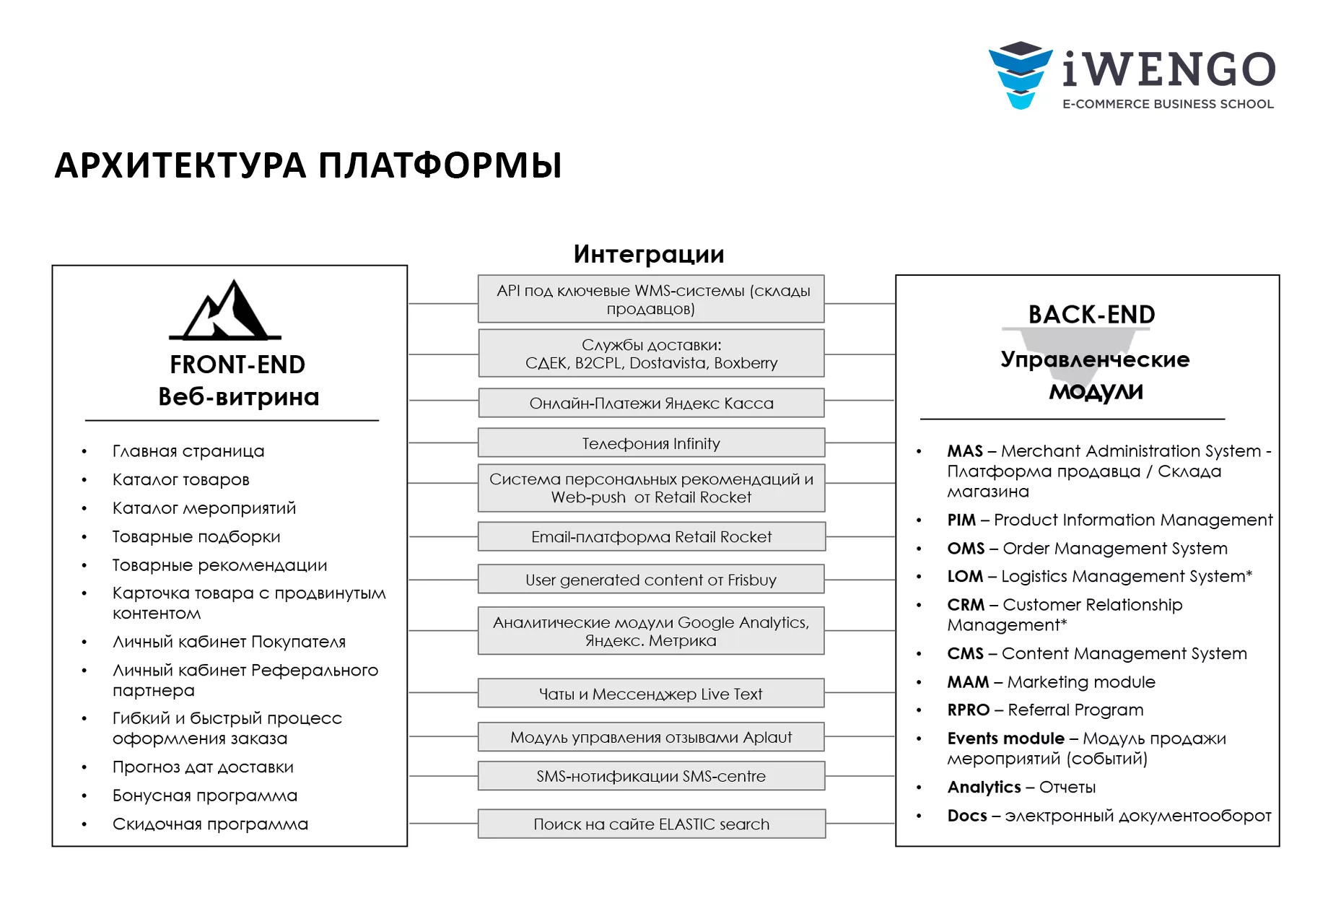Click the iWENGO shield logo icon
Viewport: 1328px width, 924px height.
coord(1020,75)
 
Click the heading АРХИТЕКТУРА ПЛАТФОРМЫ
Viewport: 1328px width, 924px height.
coord(308,165)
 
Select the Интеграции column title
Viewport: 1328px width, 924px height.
coord(649,254)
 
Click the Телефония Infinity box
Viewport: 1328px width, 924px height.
coord(651,443)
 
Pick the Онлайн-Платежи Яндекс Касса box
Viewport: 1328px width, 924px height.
coord(651,404)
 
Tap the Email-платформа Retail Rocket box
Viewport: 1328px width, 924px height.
coord(651,537)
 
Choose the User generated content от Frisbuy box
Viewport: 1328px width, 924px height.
coord(651,580)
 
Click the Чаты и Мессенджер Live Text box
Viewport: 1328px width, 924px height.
coord(651,694)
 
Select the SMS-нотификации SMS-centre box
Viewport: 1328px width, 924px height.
coord(651,776)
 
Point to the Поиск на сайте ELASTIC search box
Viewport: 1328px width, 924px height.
coord(651,824)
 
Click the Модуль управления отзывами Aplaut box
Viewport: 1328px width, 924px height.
coord(651,737)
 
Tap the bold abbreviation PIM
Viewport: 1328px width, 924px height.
coord(961,520)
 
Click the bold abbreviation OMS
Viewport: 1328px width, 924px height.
coord(966,549)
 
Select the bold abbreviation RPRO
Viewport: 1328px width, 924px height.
coord(969,710)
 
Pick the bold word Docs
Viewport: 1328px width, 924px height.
coord(967,816)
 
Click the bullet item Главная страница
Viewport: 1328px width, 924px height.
coord(188,451)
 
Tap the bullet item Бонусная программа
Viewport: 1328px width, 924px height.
coord(205,796)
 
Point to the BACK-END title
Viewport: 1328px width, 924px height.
coord(1091,315)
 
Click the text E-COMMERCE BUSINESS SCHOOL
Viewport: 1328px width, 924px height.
coord(1168,104)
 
